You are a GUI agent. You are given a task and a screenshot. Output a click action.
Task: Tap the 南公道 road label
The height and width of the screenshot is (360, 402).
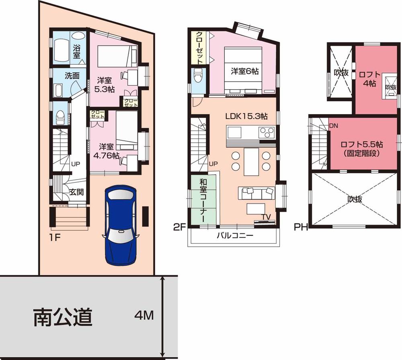point(63,317)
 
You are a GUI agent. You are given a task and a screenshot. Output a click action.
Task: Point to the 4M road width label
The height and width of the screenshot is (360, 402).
point(144,316)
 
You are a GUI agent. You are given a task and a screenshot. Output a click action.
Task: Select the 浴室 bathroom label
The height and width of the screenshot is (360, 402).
point(76,51)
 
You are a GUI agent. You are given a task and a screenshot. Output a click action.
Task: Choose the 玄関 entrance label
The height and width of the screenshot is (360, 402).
point(76,192)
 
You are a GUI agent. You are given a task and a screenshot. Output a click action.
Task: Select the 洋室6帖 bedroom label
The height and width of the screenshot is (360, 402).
point(244,71)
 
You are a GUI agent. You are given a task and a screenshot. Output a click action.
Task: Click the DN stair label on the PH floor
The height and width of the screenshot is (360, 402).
point(333,125)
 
